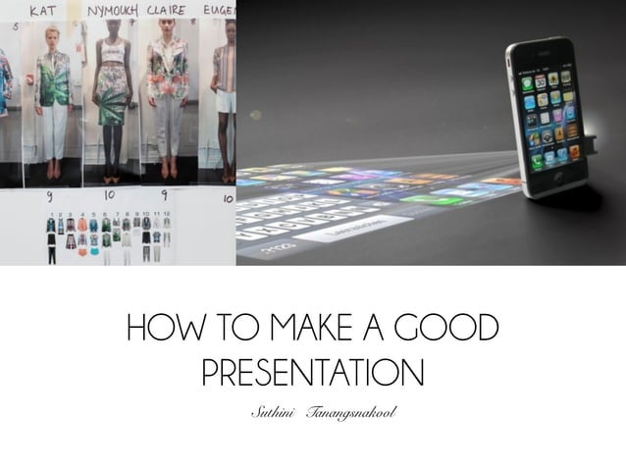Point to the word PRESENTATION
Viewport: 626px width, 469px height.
[312, 373]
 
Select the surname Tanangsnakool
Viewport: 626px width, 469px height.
[350, 410]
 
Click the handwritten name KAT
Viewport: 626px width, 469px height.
[43, 11]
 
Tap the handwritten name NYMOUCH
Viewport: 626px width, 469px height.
[112, 11]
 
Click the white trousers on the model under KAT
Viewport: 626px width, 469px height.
[51, 132]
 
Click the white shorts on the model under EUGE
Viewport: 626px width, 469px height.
[227, 101]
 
